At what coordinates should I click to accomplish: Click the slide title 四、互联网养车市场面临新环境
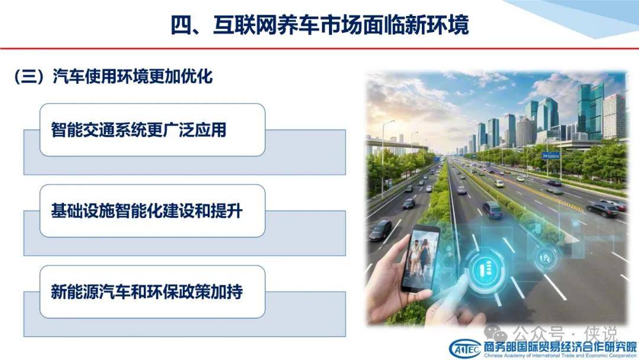pyautogui.click(x=319, y=24)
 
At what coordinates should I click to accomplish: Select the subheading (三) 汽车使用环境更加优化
pyautogui.click(x=113, y=76)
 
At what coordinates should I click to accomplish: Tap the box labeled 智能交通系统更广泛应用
pyautogui.click(x=153, y=130)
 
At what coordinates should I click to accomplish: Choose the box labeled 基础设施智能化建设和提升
pyautogui.click(x=153, y=211)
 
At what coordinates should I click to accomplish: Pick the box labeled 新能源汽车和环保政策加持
pyautogui.click(x=153, y=291)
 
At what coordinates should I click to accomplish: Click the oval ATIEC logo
pyautogui.click(x=465, y=349)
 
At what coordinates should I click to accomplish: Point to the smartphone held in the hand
pyautogui.click(x=420, y=258)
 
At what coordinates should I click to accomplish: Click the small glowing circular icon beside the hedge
pyautogui.click(x=545, y=258)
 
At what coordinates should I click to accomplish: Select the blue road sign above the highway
pyautogui.click(x=551, y=155)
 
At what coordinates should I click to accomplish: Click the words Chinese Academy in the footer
pyautogui.click(x=505, y=356)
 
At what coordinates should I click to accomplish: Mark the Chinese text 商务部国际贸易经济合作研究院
pyautogui.click(x=560, y=347)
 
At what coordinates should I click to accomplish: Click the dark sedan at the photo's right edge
pyautogui.click(x=603, y=210)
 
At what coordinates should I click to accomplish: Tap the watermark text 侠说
pyautogui.click(x=601, y=334)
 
